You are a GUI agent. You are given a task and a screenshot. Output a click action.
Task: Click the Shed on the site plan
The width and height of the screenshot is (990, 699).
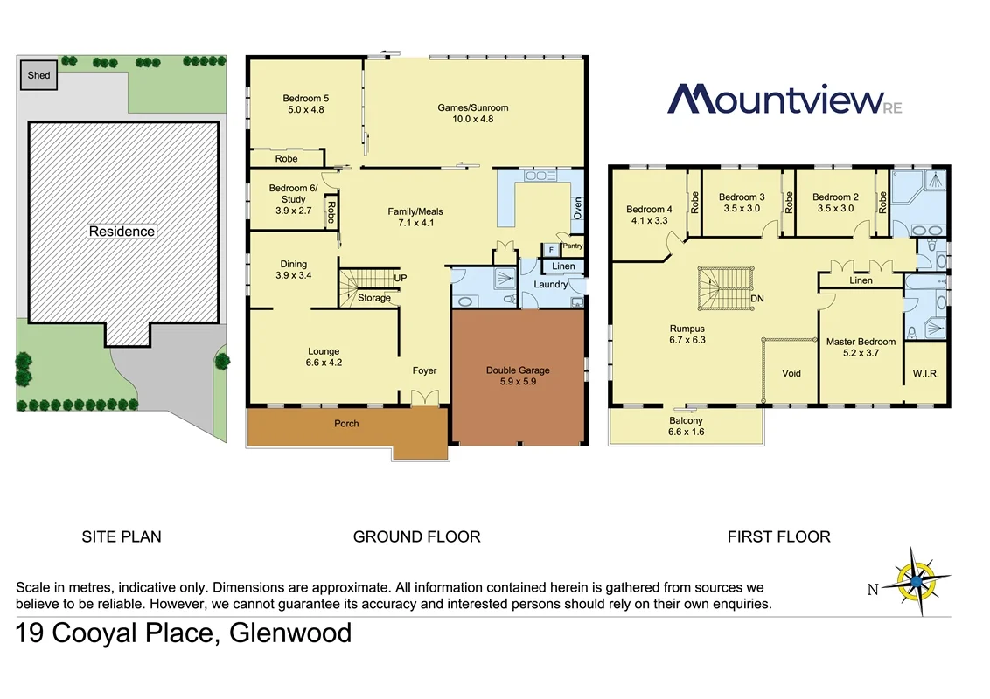[38, 75]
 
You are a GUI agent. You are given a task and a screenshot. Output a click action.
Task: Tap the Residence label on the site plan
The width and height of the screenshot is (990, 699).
[122, 232]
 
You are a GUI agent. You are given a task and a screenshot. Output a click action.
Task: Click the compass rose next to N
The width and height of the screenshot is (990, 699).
[915, 580]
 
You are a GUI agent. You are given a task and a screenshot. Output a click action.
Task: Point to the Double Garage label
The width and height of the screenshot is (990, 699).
[518, 370]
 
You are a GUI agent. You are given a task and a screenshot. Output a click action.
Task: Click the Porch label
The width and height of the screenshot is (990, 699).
[346, 424]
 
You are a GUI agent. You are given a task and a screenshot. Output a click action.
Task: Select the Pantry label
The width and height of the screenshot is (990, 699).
[572, 246]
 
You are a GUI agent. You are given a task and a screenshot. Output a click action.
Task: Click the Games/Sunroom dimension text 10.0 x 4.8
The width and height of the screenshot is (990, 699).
[472, 120]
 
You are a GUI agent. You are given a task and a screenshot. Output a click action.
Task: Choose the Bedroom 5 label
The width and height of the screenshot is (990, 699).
[305, 99]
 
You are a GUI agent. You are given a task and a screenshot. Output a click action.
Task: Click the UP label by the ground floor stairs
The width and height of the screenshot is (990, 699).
[401, 278]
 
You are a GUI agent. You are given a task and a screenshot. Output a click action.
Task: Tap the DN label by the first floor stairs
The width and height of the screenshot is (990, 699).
[757, 298]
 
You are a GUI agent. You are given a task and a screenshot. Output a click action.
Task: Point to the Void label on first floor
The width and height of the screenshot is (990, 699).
[791, 373]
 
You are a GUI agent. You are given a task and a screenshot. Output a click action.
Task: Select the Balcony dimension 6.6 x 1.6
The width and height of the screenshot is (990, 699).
[686, 432]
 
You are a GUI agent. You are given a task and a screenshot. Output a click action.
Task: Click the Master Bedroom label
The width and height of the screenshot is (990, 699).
[861, 342]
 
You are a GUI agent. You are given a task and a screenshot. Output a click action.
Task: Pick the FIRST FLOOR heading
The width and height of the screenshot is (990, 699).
[778, 536]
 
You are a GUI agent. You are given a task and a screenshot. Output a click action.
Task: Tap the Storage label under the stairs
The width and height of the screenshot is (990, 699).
[374, 298]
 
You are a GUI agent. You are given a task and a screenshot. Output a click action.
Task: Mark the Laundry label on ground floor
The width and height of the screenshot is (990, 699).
[551, 284]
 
